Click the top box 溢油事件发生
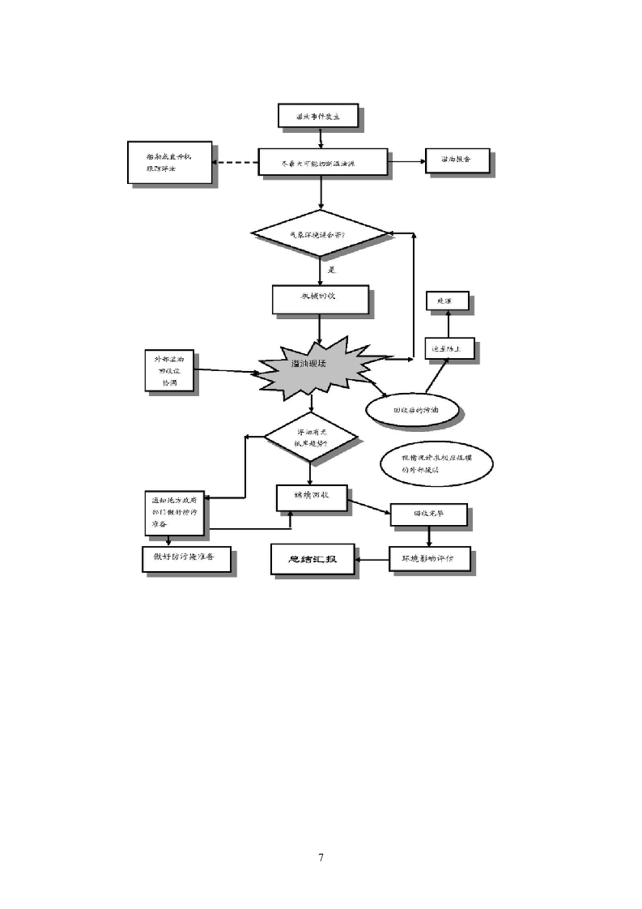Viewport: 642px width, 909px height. [x=319, y=117]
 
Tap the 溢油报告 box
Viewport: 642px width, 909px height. [x=458, y=160]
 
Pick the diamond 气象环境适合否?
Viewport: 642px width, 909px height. [x=321, y=234]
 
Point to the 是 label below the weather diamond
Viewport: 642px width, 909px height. [x=331, y=269]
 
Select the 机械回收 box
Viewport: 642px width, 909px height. [x=321, y=298]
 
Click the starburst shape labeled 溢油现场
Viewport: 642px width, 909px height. [x=319, y=366]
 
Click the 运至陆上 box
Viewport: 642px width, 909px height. [x=449, y=349]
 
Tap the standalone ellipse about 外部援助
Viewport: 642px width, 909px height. [x=435, y=463]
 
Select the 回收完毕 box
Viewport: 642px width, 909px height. [x=428, y=514]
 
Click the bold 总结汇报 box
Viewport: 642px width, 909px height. [x=312, y=559]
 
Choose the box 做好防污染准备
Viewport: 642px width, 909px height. [x=185, y=558]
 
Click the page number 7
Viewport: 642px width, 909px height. [x=321, y=858]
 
